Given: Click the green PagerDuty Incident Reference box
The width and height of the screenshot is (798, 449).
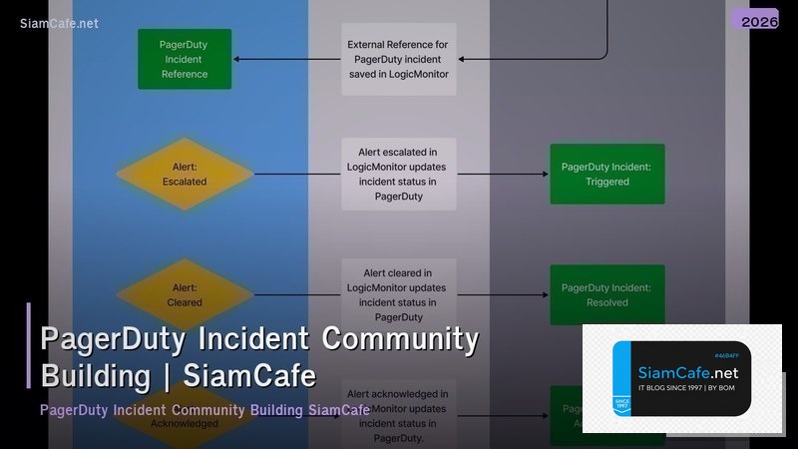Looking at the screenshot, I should click(184, 59).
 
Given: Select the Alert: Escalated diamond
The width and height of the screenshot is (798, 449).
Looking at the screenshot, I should click(185, 175).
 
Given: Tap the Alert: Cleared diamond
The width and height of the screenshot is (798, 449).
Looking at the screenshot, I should click(185, 294).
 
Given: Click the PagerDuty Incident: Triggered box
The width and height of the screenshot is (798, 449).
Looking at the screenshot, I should click(606, 175).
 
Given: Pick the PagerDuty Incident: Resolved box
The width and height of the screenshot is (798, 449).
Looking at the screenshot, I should click(606, 294).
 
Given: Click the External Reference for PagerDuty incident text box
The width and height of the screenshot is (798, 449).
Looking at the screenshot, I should click(398, 59).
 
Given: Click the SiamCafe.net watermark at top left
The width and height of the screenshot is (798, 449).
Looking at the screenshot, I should click(59, 23).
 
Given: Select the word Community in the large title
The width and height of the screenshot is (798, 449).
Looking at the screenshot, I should click(400, 339).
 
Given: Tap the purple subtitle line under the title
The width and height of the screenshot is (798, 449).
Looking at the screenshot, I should click(204, 410).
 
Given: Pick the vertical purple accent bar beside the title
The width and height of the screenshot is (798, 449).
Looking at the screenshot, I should click(29, 345).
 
